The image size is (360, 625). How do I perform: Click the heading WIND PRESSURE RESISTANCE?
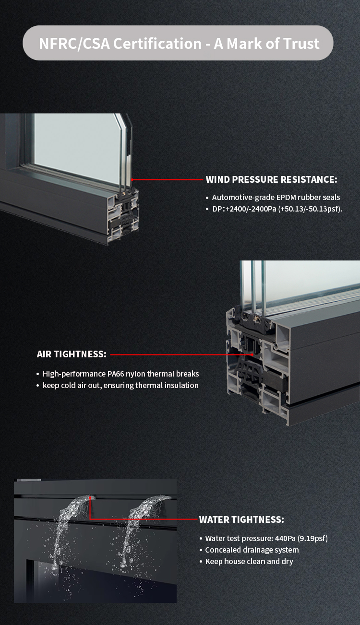(272, 179)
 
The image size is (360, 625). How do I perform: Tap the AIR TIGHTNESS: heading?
(72, 354)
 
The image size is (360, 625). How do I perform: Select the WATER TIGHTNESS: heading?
(241, 519)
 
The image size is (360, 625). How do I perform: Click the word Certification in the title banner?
(157, 44)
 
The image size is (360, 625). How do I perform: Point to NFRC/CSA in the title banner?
(74, 44)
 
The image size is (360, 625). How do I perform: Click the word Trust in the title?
(301, 44)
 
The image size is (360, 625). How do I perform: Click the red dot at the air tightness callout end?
(252, 354)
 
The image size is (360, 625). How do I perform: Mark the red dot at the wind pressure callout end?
(132, 180)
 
